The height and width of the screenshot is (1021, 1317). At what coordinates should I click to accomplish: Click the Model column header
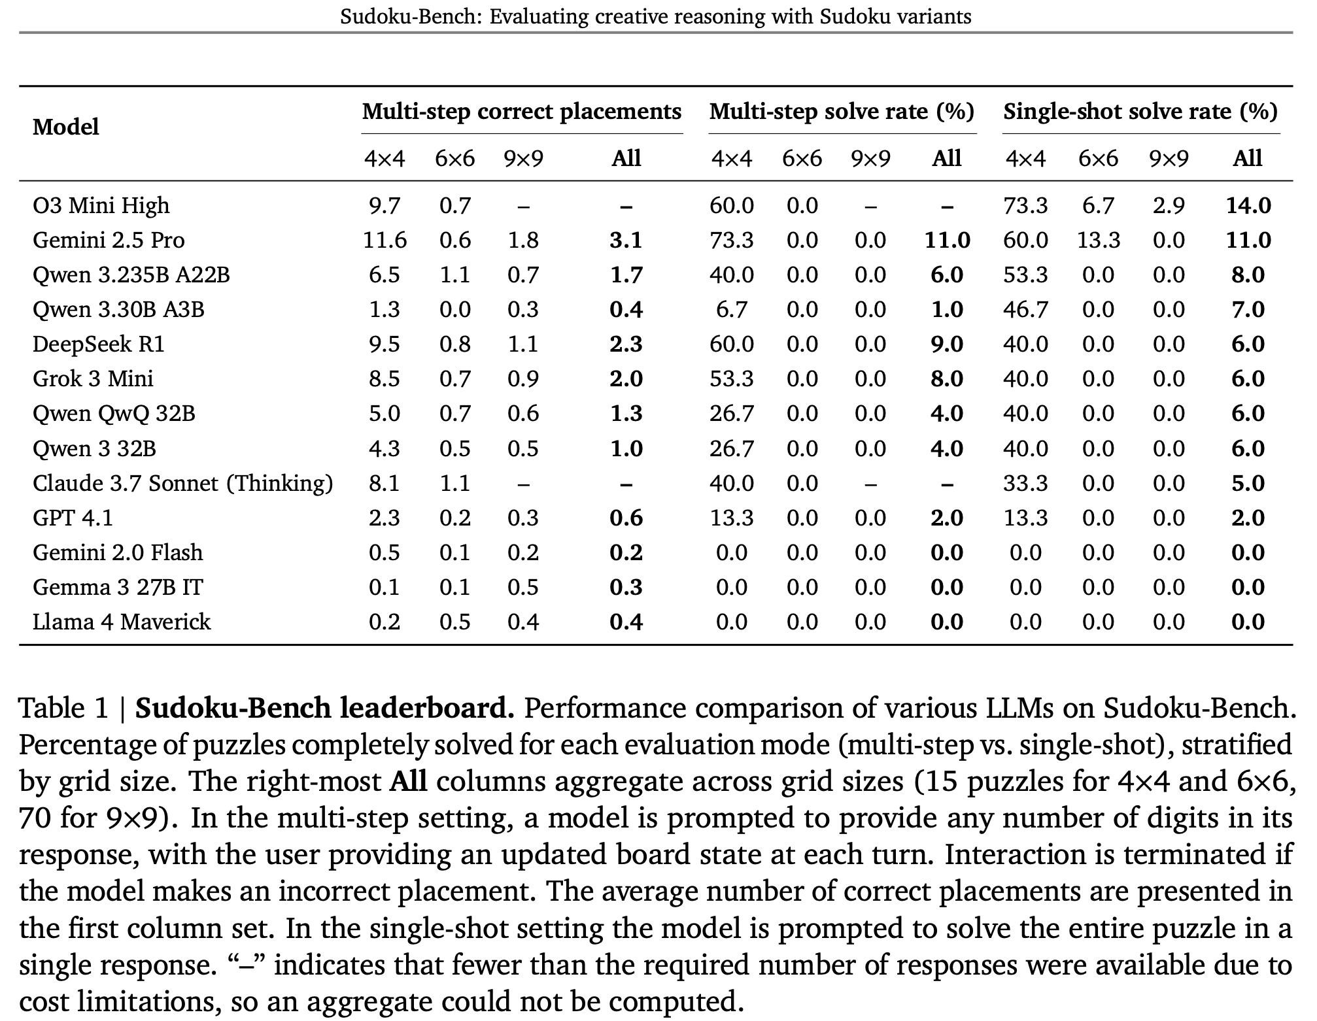65,127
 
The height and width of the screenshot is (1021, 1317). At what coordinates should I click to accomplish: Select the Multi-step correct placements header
521,112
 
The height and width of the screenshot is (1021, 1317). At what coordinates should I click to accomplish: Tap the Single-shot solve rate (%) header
1140,112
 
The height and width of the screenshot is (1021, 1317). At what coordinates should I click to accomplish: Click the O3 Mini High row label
101,206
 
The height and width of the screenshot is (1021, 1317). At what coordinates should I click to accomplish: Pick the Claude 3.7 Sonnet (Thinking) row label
182,484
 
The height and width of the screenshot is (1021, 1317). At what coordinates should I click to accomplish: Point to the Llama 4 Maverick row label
122,622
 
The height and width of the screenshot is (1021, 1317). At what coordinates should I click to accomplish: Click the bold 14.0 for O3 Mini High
1248,206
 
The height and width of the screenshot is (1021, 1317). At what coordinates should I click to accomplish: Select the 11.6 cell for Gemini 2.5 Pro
385,241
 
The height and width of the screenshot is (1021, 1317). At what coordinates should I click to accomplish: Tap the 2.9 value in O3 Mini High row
1168,206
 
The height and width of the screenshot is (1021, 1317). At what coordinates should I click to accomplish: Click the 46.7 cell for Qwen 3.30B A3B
1025,310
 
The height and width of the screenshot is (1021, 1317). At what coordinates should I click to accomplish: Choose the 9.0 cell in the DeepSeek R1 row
947,344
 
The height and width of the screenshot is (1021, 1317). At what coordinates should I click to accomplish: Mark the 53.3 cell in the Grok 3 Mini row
731,379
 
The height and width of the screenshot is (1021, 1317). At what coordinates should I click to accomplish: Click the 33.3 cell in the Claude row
1025,484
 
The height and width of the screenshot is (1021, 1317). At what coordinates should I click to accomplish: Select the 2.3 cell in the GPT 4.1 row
385,518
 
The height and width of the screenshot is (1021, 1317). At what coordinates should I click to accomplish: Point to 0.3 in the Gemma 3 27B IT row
626,588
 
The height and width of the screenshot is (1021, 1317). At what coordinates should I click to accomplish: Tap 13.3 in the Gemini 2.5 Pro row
1098,241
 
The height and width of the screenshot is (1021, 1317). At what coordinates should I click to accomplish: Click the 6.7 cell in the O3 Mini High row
1098,206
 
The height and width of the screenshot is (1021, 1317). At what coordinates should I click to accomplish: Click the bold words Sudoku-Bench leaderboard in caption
324,709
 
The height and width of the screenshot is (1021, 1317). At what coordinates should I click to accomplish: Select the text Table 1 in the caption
63,709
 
